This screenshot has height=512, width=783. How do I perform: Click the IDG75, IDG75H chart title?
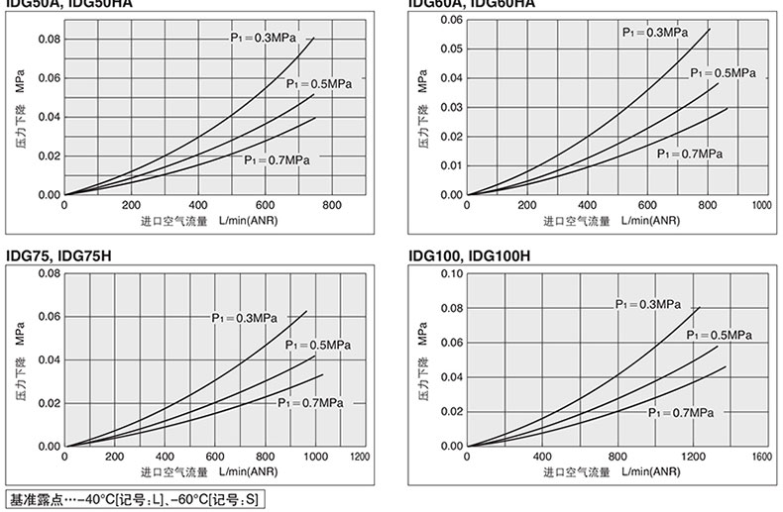(x=58, y=256)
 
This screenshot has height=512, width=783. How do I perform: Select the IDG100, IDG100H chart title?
(x=470, y=256)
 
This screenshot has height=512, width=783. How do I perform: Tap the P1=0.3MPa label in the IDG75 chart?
(x=244, y=318)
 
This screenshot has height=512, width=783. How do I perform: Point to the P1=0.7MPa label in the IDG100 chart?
(x=682, y=411)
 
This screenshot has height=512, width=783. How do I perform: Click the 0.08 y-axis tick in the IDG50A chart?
(x=49, y=39)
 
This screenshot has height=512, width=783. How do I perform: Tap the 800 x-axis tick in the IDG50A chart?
(x=332, y=204)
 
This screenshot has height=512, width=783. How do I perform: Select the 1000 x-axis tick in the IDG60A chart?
(x=760, y=204)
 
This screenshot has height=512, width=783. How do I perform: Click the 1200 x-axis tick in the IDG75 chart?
(x=359, y=457)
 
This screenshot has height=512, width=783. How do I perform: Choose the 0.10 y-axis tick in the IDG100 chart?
(x=451, y=273)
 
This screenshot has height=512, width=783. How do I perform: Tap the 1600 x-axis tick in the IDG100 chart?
(x=760, y=457)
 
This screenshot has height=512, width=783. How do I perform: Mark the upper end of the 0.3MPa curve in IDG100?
(x=699, y=307)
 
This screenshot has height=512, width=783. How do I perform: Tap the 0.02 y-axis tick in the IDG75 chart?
(x=49, y=403)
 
